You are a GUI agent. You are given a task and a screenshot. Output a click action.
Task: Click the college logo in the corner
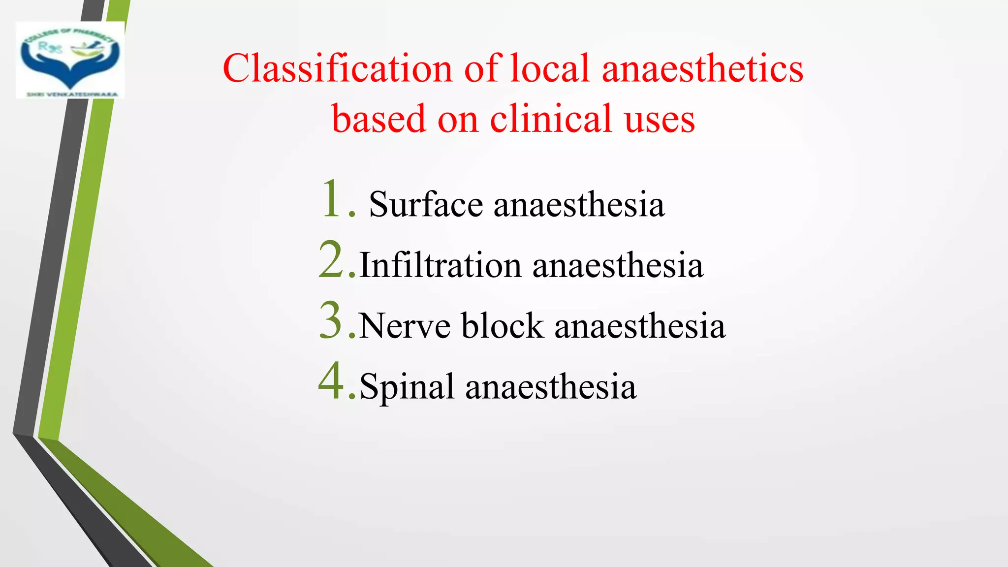tap(70, 60)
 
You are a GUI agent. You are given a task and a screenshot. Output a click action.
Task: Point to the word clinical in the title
tap(551, 119)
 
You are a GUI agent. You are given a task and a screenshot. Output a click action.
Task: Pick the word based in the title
tap(378, 119)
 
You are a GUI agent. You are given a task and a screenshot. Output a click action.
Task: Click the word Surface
tap(426, 204)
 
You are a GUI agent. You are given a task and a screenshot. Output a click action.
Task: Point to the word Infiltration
tap(441, 265)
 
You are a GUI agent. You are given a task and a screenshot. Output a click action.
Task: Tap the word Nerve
tap(405, 326)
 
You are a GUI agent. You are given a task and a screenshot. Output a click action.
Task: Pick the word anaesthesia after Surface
tap(579, 204)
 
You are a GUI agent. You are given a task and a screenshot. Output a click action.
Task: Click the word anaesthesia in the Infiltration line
tap(618, 265)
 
